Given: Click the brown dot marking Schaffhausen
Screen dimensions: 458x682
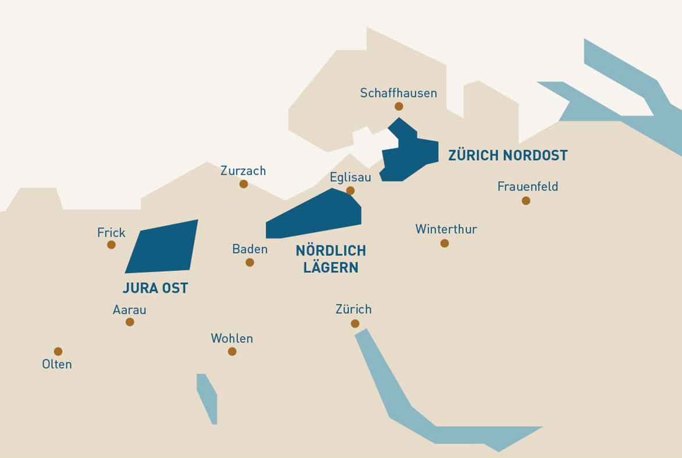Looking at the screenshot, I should (399, 106).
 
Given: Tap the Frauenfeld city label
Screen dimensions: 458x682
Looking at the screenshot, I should (527, 187).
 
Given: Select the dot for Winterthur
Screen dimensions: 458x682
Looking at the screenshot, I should (445, 243).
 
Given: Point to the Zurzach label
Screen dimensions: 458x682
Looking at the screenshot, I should (243, 171).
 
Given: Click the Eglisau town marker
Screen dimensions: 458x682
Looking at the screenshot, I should (350, 190).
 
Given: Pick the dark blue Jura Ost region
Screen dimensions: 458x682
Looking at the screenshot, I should (163, 247).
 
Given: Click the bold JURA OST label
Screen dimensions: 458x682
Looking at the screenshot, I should (155, 289).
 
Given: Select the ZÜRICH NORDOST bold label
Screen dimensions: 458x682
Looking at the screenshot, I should (507, 155).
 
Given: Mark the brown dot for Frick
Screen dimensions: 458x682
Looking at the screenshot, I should (111, 244).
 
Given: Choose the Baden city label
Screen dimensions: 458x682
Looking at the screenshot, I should (250, 249).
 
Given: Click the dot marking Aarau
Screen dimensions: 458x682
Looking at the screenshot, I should (130, 322).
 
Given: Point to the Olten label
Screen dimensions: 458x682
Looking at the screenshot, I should (57, 364).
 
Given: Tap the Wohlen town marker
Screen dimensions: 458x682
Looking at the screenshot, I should (232, 352).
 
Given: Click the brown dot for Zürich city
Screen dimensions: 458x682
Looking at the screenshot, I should (355, 324).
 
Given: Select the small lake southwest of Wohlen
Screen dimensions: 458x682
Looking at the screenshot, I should (208, 399).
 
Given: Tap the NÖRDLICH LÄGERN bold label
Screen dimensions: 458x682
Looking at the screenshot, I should (331, 259).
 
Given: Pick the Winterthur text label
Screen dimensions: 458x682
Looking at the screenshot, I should (446, 229).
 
